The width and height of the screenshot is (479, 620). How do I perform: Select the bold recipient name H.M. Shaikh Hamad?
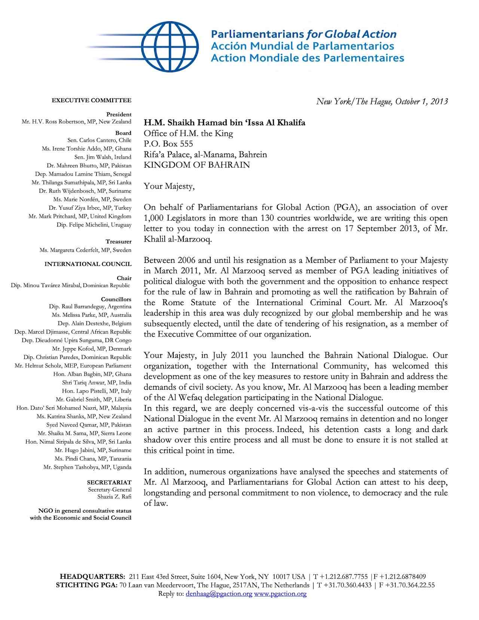pyautogui.click(x=225, y=123)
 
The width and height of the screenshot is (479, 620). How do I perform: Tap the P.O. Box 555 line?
pyautogui.click(x=168, y=144)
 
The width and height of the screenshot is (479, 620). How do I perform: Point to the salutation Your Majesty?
pyautogui.click(x=169, y=186)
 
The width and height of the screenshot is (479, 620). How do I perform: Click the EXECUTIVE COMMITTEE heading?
pyautogui.click(x=91, y=100)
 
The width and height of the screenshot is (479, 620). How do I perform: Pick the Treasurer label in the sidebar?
pyautogui.click(x=118, y=242)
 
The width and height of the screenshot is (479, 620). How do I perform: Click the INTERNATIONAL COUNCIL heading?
pyautogui.click(x=88, y=264)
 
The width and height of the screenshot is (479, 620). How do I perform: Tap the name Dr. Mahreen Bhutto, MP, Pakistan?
pyautogui.click(x=89, y=165)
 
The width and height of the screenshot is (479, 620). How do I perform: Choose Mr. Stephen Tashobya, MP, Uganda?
pyautogui.click(x=87, y=467)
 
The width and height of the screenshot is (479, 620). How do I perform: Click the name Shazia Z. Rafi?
pyautogui.click(x=114, y=497)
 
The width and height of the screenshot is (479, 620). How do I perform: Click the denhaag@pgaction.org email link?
pyautogui.click(x=219, y=594)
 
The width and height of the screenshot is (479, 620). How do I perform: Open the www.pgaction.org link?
pyautogui.click(x=280, y=594)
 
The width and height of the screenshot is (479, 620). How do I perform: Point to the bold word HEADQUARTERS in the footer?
pyautogui.click(x=92, y=577)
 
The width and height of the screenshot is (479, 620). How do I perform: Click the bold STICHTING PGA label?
pyautogui.click(x=86, y=585)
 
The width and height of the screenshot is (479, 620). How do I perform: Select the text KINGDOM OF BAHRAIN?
pyautogui.click(x=196, y=165)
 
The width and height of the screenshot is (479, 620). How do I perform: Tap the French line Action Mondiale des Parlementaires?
pyautogui.click(x=307, y=58)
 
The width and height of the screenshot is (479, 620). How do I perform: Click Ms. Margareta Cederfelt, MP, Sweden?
pyautogui.click(x=85, y=250)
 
